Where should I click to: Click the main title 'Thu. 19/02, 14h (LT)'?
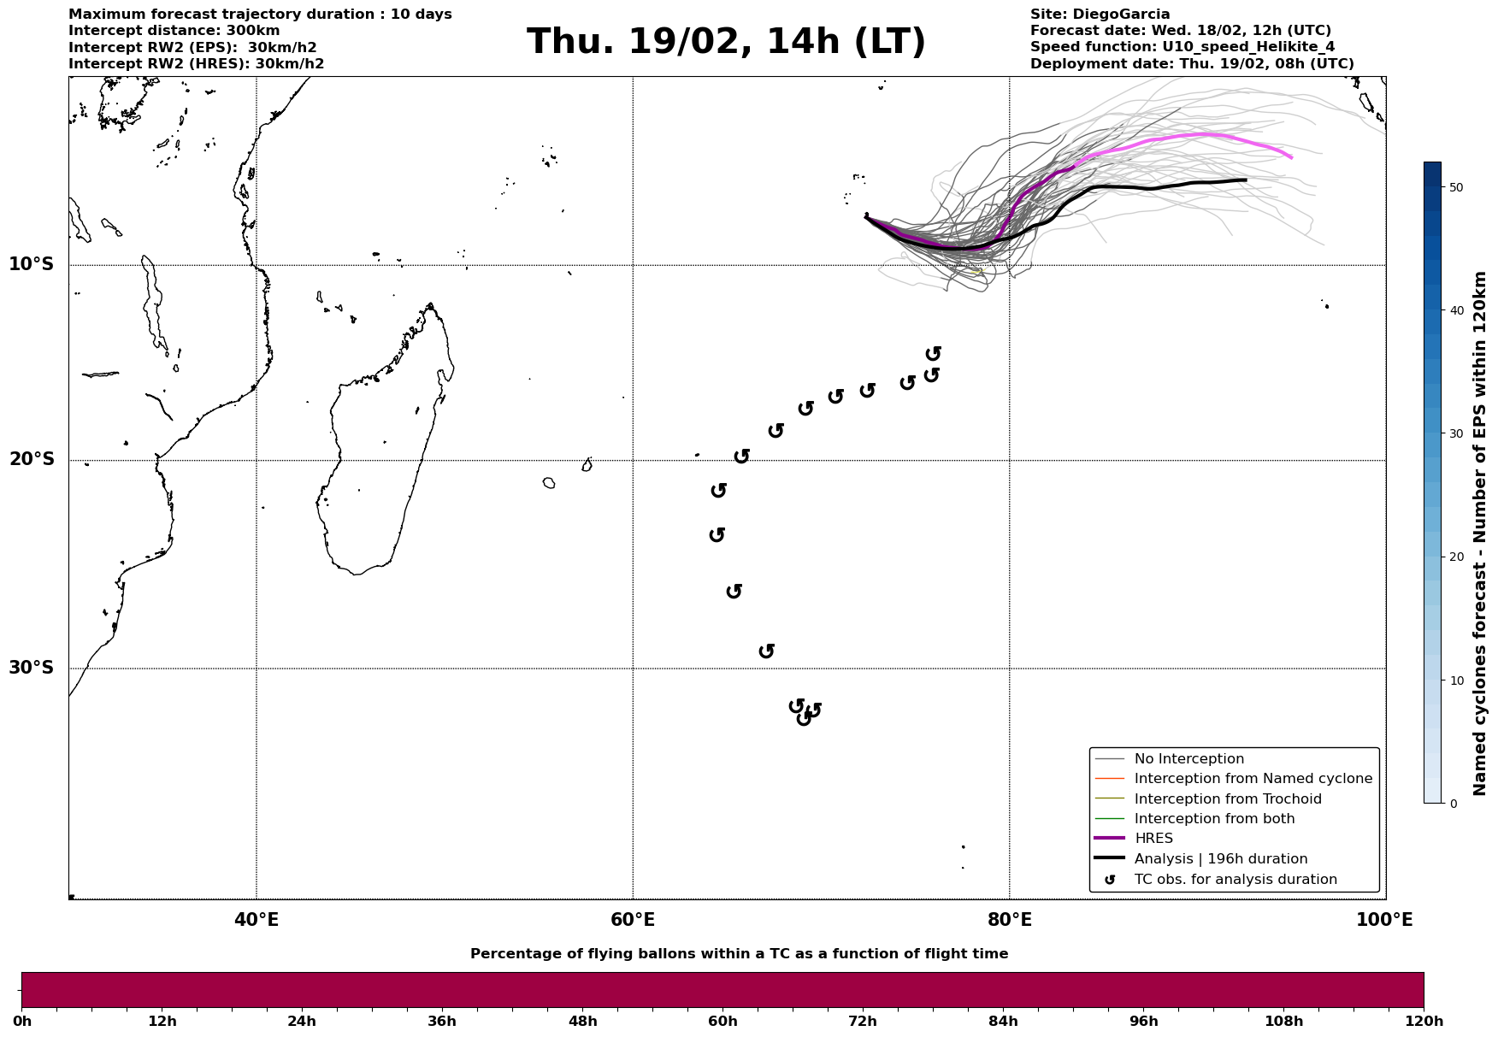(726, 42)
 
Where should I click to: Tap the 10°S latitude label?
(32, 264)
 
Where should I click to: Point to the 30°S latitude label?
(32, 668)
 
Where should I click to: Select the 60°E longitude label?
(633, 920)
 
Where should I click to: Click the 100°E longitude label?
(1384, 920)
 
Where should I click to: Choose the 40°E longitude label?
(257, 920)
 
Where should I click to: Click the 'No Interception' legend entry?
(1188, 759)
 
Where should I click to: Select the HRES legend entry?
(1153, 839)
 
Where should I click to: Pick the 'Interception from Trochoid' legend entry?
(1227, 799)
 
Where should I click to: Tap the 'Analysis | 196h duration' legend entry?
(1220, 859)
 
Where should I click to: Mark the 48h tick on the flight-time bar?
(582, 1022)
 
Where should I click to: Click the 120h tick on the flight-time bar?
(1423, 1022)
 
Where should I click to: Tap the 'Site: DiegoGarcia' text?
(1100, 15)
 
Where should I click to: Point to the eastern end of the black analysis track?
(1245, 180)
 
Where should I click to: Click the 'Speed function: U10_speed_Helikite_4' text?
(1182, 47)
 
